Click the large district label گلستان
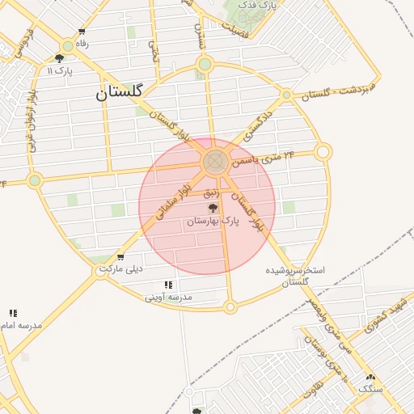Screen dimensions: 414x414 click(119, 92)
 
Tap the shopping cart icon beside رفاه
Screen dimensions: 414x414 click(82, 32)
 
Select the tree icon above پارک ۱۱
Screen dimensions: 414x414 click(59, 57)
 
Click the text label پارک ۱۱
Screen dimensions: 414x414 click(60, 70)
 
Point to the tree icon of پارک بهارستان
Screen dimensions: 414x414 click(213, 208)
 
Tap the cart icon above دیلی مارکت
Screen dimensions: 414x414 click(120, 257)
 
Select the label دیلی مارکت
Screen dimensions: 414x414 click(120, 268)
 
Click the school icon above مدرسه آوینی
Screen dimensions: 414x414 click(168, 285)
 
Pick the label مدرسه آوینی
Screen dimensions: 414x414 click(168, 297)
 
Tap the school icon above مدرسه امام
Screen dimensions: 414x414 click(13, 313)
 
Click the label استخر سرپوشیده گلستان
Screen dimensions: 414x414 click(296, 275)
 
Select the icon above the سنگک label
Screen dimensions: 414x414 click(371, 378)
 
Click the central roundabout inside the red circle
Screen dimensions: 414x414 click(214, 163)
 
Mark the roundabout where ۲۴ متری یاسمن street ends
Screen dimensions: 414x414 click(323, 151)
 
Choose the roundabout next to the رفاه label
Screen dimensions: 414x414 click(68, 46)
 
